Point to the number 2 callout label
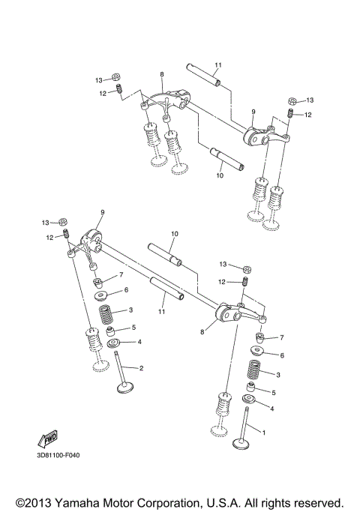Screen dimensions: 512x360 (x=140, y=368)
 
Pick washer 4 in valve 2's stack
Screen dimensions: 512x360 (x=115, y=344)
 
